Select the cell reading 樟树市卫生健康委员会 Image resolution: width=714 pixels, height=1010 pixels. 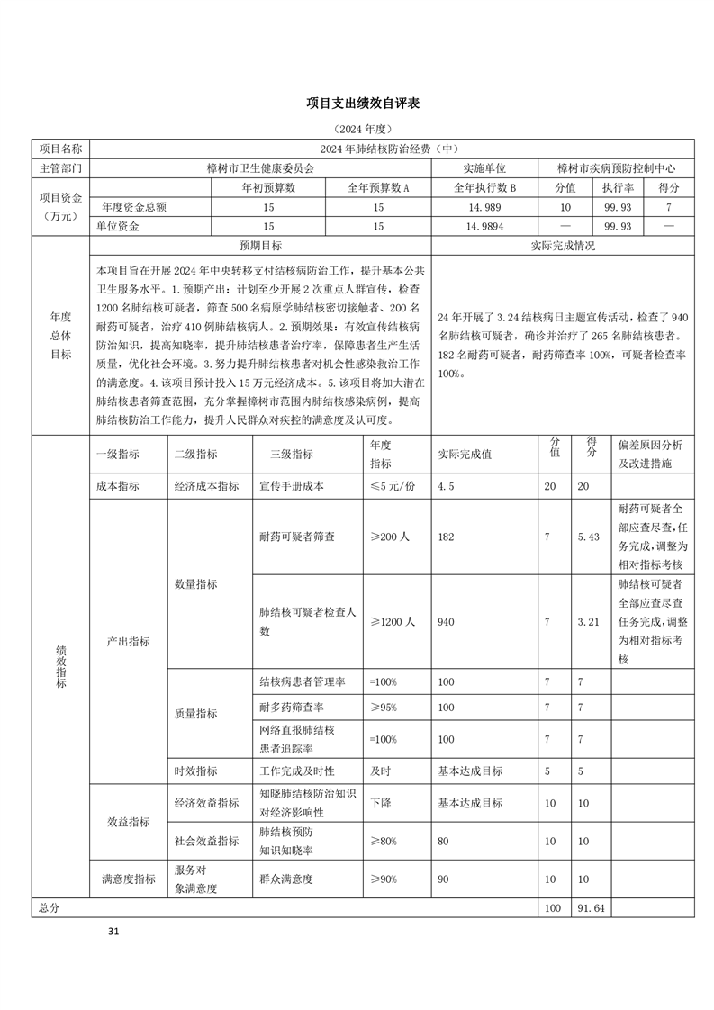coord(260,167)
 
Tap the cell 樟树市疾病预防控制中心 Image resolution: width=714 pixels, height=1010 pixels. coord(616,167)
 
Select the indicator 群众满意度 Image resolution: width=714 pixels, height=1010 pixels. coord(285,879)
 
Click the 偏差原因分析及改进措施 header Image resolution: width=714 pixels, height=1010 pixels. coord(651,454)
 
